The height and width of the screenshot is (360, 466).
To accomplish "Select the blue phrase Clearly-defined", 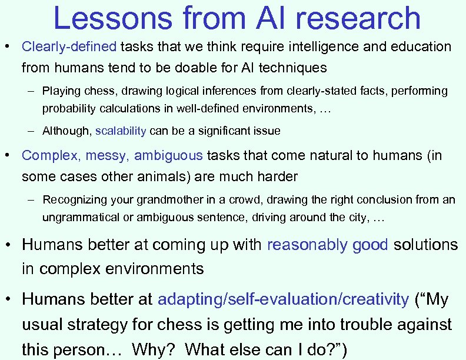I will coord(69,46).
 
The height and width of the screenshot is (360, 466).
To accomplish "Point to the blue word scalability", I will coord(121,131).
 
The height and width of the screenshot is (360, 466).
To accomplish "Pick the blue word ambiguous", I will coord(168,156).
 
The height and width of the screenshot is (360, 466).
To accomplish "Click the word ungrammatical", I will coord(76,217).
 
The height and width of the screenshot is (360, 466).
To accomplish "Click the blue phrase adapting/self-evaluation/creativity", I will coord(283,299).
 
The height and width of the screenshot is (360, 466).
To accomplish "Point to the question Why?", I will coord(154,349).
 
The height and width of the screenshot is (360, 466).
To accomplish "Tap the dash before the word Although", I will coord(30,131).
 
